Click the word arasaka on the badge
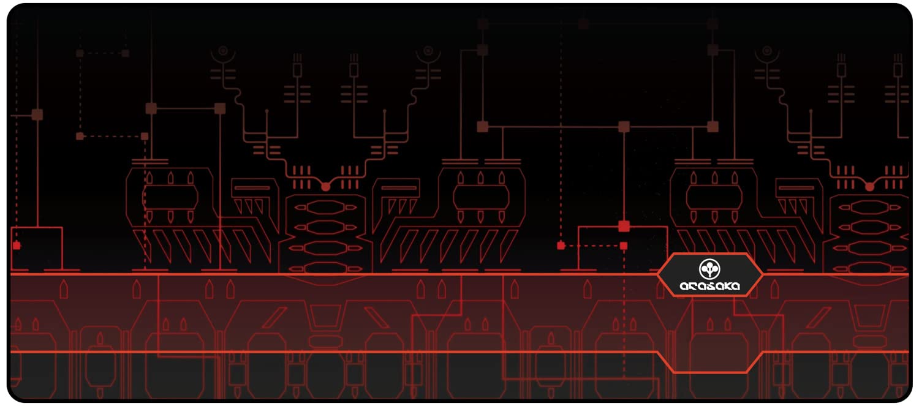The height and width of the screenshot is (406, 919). pos(709,286)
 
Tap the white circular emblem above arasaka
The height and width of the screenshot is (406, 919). pos(709,268)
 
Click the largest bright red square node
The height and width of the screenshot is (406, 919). pos(624,226)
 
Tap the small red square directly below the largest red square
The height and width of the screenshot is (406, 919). pos(624,246)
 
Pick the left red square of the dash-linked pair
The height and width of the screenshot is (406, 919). pos(561,246)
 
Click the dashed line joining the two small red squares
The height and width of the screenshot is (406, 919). pos(592,246)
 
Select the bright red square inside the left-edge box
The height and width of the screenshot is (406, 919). pos(17,246)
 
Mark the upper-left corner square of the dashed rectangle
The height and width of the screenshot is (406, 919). pos(80,53)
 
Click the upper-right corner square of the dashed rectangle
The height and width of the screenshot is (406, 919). pos(126,53)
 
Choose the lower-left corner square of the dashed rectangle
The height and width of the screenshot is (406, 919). pos(80,136)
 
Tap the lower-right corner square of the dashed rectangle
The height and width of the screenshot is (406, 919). pos(145,136)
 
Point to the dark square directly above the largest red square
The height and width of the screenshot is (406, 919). pos(624,127)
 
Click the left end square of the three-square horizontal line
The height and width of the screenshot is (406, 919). pos(482,127)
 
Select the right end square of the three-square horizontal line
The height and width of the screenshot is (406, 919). pos(713,127)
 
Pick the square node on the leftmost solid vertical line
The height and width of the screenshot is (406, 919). pos(37,115)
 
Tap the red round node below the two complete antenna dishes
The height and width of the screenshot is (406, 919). pos(325,186)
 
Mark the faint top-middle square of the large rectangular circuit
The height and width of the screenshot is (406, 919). pos(583,24)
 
